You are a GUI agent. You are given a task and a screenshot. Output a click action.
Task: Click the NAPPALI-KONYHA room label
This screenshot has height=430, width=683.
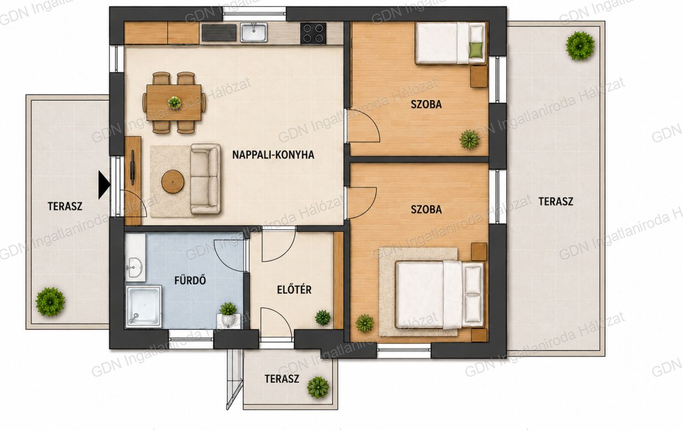(x=273, y=155)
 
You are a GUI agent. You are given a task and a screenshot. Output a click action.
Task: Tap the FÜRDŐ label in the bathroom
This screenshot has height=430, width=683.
(x=190, y=280)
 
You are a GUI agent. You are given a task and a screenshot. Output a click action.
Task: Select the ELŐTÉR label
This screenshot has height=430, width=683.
(x=294, y=289)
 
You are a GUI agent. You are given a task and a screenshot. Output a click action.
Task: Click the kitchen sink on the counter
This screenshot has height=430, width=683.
(x=253, y=33)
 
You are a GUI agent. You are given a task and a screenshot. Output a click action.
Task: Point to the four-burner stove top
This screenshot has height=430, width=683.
(x=313, y=33)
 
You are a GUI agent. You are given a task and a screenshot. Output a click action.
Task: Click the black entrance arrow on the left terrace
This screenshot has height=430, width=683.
(x=104, y=185)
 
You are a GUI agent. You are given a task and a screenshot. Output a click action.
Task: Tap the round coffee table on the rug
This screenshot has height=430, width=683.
(x=173, y=182)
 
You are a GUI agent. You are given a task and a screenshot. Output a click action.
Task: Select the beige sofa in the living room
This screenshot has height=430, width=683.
(x=205, y=179)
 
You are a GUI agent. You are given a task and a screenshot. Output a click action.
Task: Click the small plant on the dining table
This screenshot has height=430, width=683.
(x=174, y=102)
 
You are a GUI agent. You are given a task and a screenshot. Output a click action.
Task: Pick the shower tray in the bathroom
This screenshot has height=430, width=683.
(x=144, y=306)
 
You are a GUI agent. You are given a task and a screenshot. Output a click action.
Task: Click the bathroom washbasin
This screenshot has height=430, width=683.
(x=135, y=267)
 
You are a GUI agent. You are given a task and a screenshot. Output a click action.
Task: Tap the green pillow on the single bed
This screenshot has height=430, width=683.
(x=476, y=50)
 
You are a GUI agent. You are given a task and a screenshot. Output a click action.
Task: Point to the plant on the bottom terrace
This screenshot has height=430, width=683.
(x=318, y=387)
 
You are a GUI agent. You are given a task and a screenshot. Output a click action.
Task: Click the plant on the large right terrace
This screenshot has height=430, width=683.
(x=580, y=46)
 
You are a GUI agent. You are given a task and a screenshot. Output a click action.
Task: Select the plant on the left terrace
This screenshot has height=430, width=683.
(x=50, y=302)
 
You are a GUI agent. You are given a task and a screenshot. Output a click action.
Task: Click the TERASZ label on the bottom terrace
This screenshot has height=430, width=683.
(x=282, y=379)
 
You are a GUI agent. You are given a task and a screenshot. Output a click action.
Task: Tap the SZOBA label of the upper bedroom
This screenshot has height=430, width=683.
(x=426, y=104)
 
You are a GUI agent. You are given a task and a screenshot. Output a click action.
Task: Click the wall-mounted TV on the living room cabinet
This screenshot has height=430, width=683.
(x=132, y=167)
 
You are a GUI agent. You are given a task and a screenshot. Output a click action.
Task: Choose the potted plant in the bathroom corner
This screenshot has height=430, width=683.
(x=228, y=314)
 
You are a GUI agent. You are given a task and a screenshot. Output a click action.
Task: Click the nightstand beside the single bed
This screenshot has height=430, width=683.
(x=479, y=77)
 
